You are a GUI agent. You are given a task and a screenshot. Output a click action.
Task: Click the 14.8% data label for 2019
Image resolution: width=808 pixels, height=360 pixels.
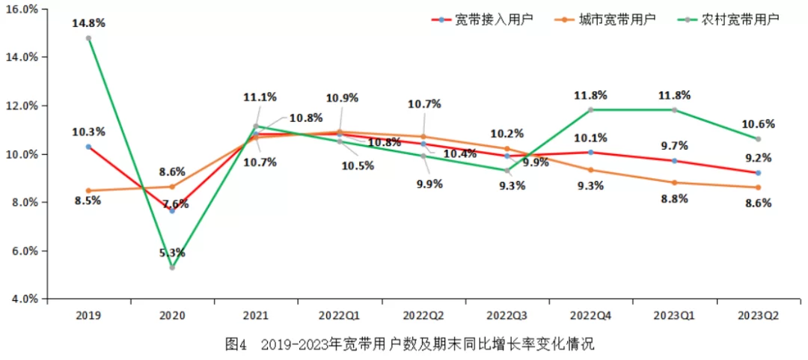(x=88, y=23)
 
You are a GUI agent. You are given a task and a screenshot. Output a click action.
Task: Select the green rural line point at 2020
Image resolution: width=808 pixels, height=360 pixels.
(x=172, y=267)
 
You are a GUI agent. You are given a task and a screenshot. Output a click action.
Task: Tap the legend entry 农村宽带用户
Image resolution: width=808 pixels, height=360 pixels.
(x=741, y=19)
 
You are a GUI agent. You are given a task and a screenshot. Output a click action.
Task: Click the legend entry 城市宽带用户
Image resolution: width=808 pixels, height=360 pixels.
(x=617, y=19)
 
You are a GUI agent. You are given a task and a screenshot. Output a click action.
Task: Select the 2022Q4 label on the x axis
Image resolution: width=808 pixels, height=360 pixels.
(x=591, y=315)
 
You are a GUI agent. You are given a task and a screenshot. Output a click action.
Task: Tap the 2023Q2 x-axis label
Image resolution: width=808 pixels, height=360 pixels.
(x=759, y=315)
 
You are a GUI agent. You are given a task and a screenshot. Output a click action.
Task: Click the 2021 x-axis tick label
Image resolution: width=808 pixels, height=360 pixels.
(x=256, y=315)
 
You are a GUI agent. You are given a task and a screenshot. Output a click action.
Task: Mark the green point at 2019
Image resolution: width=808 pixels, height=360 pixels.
(x=88, y=38)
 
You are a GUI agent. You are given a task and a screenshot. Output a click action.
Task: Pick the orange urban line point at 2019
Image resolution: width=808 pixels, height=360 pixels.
(x=88, y=191)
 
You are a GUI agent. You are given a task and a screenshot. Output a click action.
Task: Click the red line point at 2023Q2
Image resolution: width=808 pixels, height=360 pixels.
(x=758, y=173)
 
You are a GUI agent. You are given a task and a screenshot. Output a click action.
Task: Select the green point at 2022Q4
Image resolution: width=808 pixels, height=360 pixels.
(x=591, y=110)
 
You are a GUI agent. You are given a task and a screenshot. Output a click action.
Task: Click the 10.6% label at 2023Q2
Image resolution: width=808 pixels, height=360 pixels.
(x=759, y=124)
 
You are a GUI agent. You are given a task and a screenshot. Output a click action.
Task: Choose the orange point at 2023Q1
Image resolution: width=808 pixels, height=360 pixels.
(x=674, y=183)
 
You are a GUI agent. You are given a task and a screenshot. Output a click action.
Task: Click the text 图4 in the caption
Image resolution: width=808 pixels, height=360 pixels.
(x=236, y=345)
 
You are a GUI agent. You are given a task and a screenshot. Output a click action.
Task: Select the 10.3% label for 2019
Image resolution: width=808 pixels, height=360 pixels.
(x=88, y=132)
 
